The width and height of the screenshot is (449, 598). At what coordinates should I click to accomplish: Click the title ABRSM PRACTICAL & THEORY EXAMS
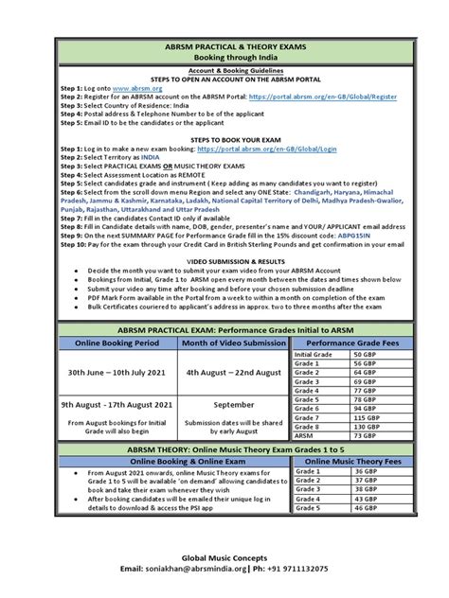pyautogui.click(x=224, y=44)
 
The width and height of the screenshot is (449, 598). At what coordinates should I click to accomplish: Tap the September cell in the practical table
pyautogui.click(x=233, y=404)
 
